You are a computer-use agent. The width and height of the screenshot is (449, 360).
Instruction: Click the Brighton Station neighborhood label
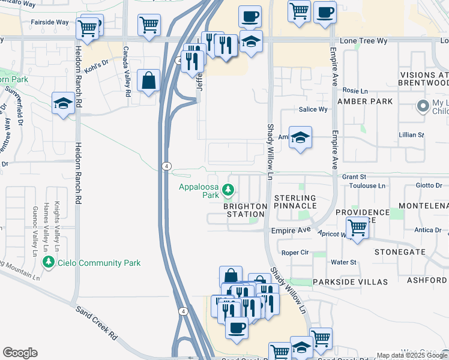(x=245, y=210)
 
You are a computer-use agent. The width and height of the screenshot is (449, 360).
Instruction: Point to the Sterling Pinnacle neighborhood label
(x=295, y=202)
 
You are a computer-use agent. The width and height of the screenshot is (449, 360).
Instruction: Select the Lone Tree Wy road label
(x=364, y=41)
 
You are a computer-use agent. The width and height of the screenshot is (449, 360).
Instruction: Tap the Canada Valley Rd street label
(x=127, y=72)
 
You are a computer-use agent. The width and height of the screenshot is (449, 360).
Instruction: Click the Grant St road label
(x=354, y=177)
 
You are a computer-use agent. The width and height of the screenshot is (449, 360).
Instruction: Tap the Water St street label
(x=344, y=262)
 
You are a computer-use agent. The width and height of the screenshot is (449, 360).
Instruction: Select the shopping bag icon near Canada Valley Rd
(x=148, y=81)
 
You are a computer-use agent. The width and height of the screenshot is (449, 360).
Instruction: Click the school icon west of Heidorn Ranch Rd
(x=63, y=103)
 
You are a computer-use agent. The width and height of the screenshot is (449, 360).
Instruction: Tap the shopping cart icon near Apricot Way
(x=357, y=228)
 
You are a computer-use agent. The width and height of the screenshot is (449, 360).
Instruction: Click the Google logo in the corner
(x=20, y=353)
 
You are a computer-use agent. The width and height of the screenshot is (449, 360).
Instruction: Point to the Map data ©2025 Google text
(x=411, y=355)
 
